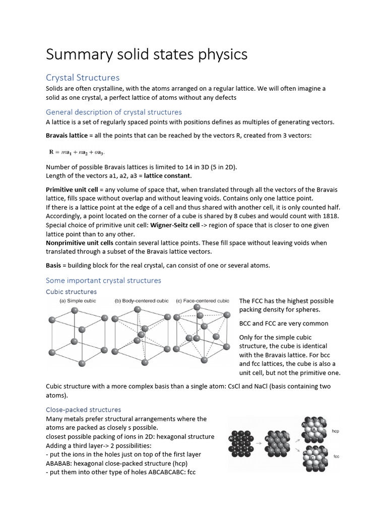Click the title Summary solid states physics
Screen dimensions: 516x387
coord(147,54)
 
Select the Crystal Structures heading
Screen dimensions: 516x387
coord(83,77)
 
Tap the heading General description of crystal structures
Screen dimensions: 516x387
coord(113,112)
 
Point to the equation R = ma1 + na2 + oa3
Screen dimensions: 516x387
coord(77,152)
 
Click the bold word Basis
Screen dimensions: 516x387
coord(54,266)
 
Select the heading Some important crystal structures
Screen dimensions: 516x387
coord(103,280)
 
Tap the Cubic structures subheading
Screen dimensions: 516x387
coord(71,292)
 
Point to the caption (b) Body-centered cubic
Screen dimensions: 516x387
coord(142,301)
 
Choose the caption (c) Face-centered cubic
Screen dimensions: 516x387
coord(203,301)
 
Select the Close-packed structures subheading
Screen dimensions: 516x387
coord(83,410)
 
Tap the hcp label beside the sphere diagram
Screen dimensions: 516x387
coord(336,431)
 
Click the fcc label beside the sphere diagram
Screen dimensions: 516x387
coord(336,456)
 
